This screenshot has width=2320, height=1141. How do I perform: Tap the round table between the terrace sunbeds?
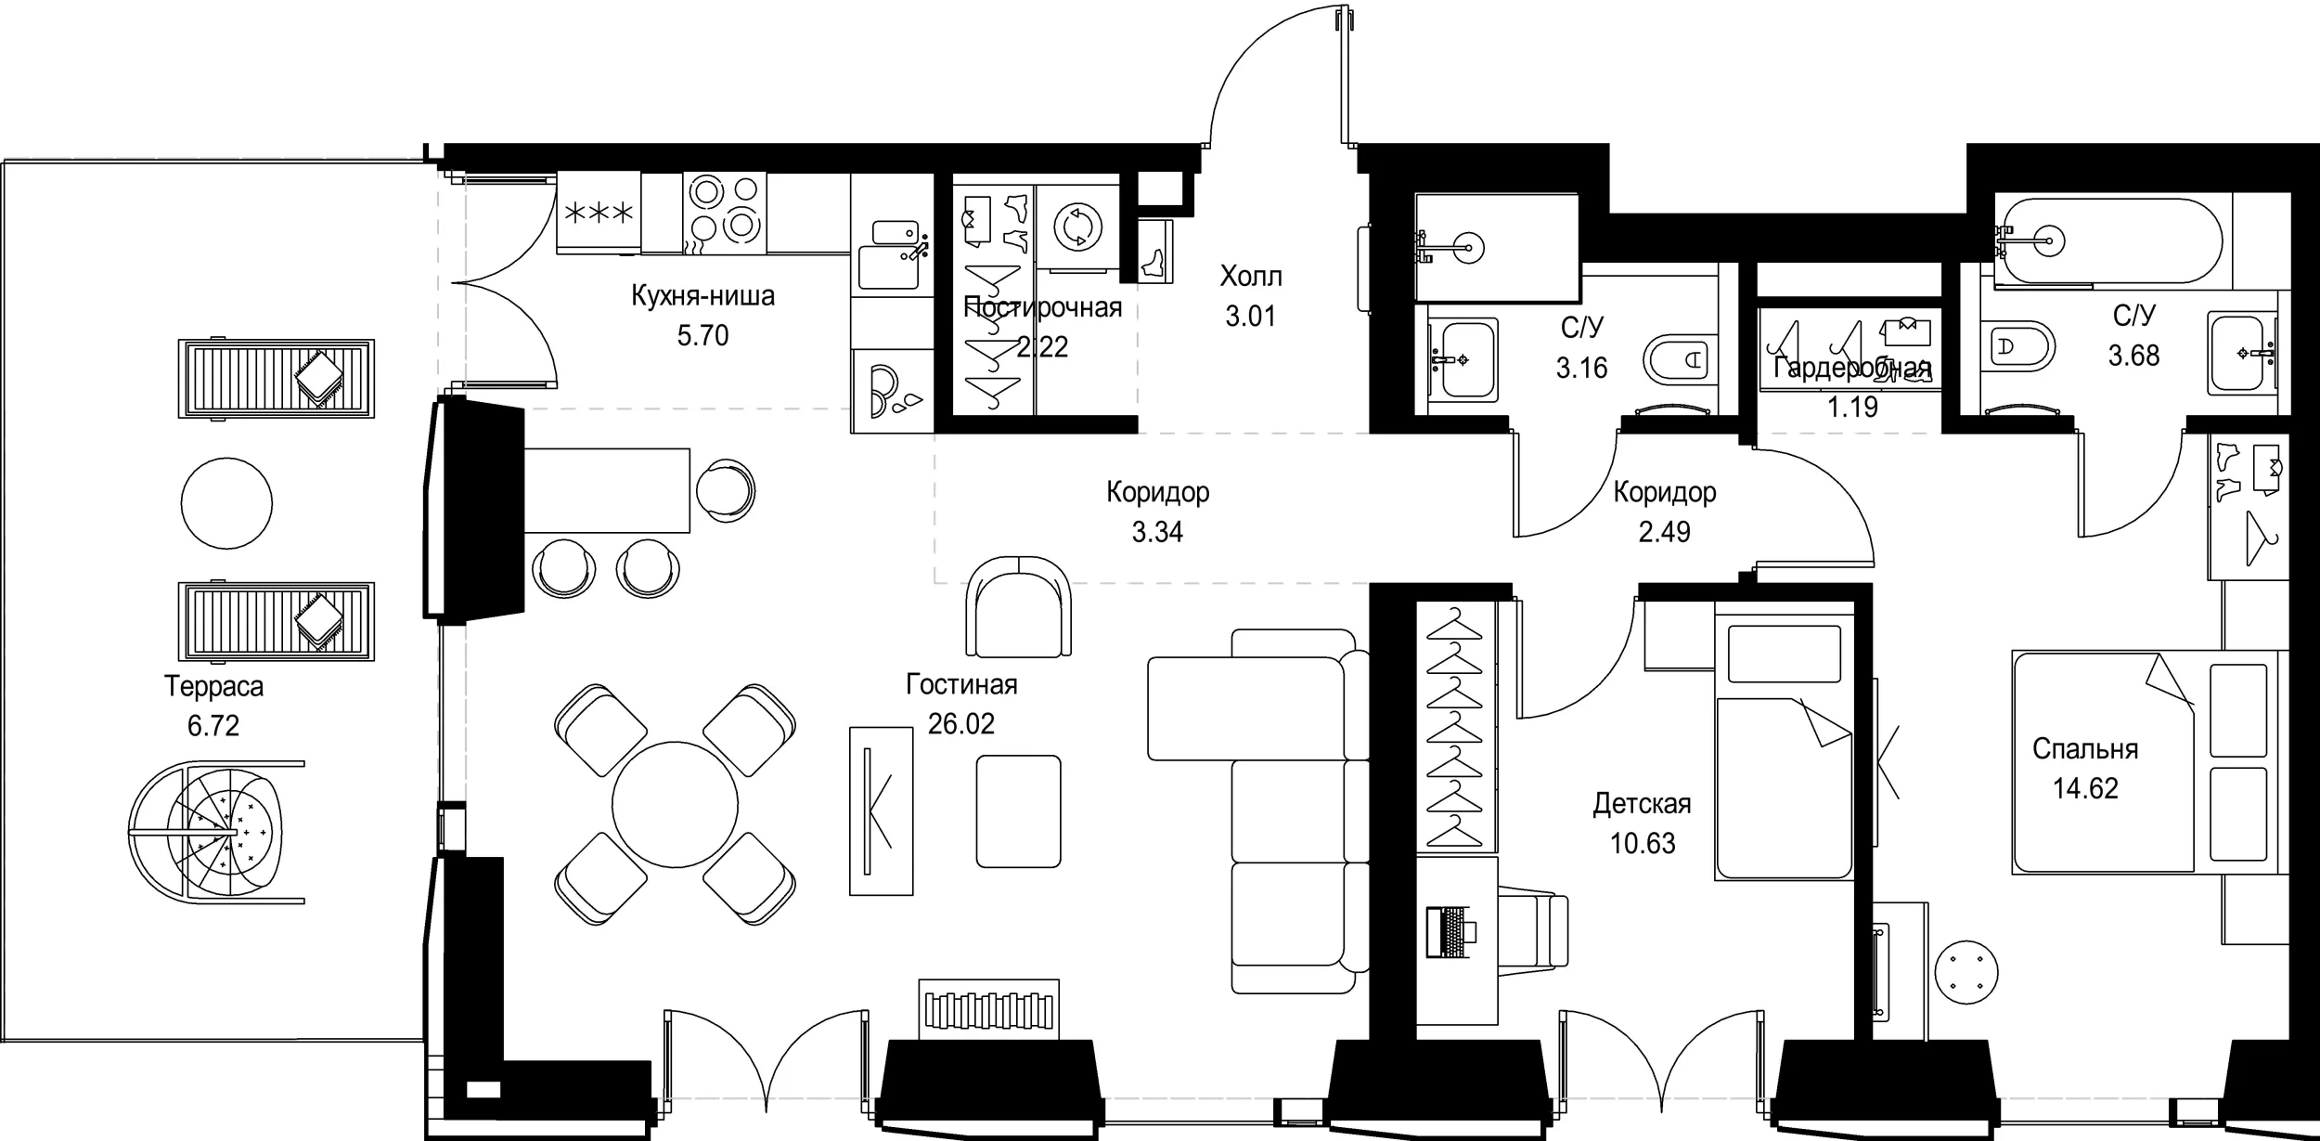[x=226, y=503]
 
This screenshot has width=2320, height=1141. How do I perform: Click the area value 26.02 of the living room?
[x=961, y=724]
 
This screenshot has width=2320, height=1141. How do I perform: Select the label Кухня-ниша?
[x=702, y=296]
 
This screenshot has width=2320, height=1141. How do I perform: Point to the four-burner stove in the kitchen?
[x=725, y=214]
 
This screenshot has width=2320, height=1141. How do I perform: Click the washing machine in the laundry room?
[x=1077, y=228]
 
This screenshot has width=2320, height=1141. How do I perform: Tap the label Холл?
[x=1251, y=276]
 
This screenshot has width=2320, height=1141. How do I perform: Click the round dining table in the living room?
[x=675, y=803]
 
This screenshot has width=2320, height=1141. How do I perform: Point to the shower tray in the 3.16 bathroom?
[x=1496, y=248]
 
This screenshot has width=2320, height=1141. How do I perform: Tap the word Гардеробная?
[x=1852, y=369]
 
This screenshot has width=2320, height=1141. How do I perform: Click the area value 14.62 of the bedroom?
[x=2085, y=788]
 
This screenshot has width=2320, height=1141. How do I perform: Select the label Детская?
[x=1643, y=803]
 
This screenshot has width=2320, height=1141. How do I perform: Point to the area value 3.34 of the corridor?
[x=1157, y=532]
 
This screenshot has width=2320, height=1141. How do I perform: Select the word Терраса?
[x=213, y=686]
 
